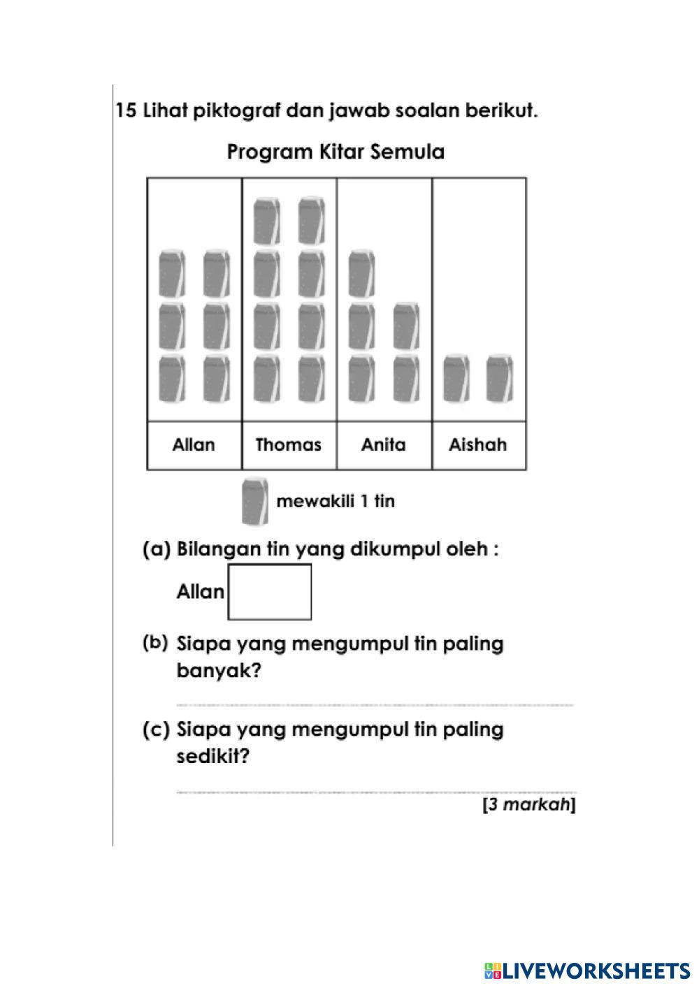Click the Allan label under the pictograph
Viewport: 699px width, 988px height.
(194, 445)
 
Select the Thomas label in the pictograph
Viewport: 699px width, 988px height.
(288, 445)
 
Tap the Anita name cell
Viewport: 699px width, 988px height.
(383, 445)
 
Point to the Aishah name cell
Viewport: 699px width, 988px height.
(478, 445)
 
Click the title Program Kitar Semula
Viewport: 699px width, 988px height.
(336, 152)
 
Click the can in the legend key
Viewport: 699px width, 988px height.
(254, 501)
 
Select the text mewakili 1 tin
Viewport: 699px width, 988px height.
(336, 501)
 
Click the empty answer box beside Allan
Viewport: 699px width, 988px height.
(270, 592)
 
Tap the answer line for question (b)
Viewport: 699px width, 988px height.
(374, 704)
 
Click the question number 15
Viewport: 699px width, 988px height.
(126, 111)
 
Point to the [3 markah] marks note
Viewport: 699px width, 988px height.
(529, 805)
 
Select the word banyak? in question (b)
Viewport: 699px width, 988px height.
(219, 671)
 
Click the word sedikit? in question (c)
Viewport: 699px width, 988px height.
(212, 757)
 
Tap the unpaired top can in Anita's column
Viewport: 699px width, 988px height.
(362, 273)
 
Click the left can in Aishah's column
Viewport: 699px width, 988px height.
(456, 379)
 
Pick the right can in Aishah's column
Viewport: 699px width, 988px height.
(500, 379)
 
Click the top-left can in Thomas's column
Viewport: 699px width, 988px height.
(267, 221)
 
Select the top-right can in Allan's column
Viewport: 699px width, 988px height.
(217, 273)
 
